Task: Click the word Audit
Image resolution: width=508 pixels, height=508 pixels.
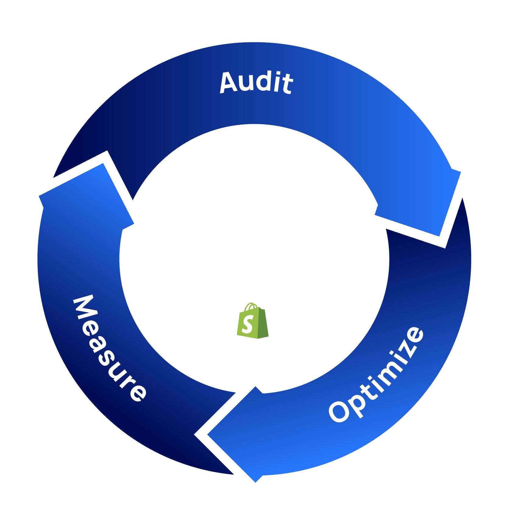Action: point(256,82)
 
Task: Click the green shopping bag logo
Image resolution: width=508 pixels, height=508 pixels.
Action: point(253,322)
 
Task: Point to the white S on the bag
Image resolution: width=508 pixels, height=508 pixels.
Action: point(247,324)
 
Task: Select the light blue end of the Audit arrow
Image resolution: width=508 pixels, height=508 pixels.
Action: point(427,201)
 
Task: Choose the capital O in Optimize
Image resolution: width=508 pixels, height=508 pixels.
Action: point(339,412)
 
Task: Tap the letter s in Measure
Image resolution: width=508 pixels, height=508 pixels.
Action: point(106,359)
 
